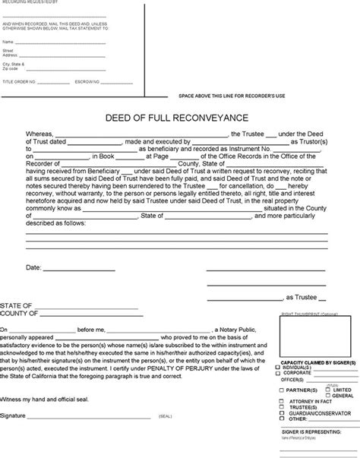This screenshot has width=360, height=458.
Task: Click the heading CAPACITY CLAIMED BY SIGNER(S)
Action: point(314,363)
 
